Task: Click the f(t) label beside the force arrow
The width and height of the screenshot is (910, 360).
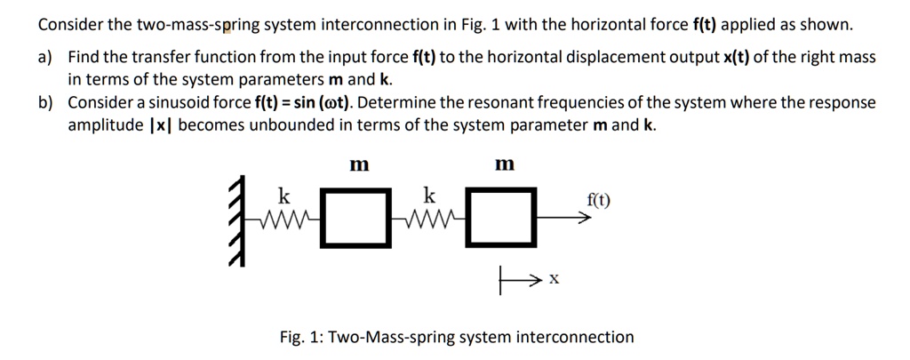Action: point(598,200)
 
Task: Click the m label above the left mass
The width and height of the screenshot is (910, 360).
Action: point(359,164)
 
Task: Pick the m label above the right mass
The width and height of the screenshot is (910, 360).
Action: point(504,164)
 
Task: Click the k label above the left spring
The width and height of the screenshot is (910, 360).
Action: point(283,195)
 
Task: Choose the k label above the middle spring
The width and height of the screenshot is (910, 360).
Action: point(429,195)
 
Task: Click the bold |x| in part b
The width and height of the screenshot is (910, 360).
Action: point(164,125)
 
